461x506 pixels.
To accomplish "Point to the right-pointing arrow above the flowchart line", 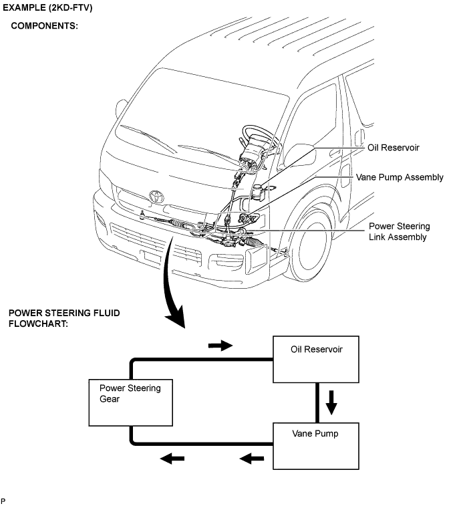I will pos(220,346).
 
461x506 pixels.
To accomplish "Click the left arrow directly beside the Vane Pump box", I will pos(251,459).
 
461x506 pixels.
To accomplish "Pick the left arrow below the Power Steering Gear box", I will pos(172,459).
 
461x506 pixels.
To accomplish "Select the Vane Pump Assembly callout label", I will pos(400,177).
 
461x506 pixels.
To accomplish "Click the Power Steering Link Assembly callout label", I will pos(399,231).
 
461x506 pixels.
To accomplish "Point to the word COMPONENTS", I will pos(44,27).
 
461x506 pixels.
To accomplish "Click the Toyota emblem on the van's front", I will pos(157,197).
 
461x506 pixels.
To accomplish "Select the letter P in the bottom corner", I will pos(3,500).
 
